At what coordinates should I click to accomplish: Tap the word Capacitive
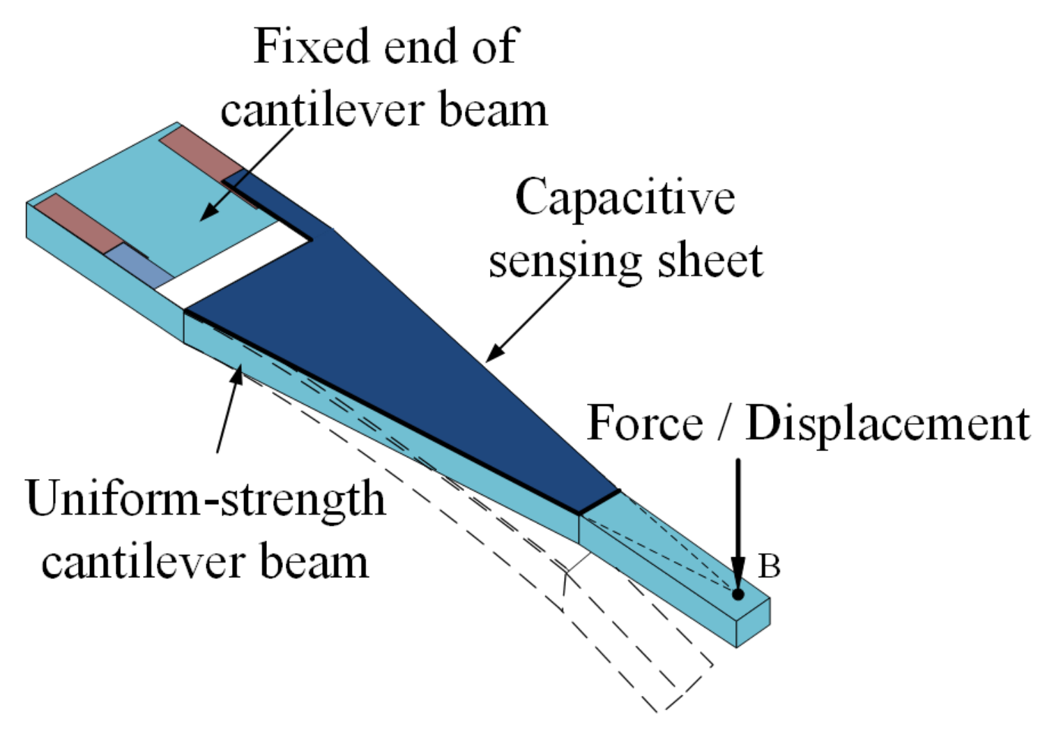(x=625, y=197)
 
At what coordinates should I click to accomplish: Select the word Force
(x=645, y=423)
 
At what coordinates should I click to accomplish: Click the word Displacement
(x=887, y=423)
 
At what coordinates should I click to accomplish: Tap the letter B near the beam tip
(x=768, y=567)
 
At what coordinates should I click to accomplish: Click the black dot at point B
(x=738, y=594)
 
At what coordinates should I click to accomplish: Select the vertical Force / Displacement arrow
(x=738, y=523)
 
